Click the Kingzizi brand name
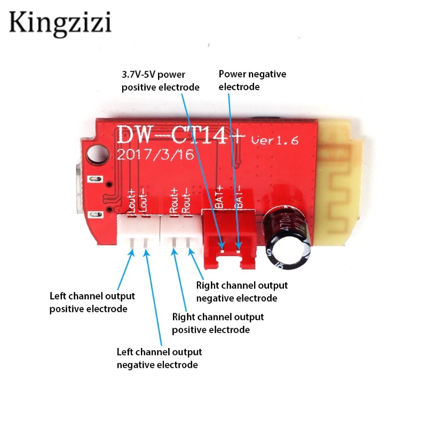(x=60, y=22)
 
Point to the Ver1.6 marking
(x=274, y=140)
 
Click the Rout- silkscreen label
(x=185, y=200)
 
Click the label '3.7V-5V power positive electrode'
(x=160, y=81)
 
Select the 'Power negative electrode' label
(x=252, y=80)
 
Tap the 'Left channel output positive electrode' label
(x=92, y=302)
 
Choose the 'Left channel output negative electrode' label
(x=159, y=358)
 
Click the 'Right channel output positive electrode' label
(x=218, y=323)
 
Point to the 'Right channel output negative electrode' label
(x=242, y=291)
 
